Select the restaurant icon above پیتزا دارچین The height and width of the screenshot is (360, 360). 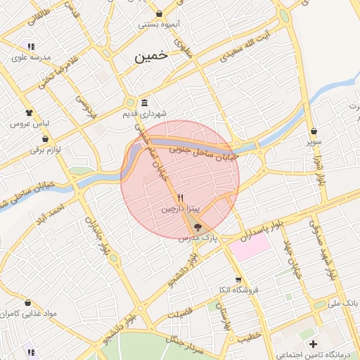(181, 198)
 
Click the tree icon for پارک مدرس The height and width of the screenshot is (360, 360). (197, 227)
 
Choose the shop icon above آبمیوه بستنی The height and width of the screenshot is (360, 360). (160, 13)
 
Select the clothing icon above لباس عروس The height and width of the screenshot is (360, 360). (29, 112)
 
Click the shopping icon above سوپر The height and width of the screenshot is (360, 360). (314, 131)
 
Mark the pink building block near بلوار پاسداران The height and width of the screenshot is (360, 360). (251, 247)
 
